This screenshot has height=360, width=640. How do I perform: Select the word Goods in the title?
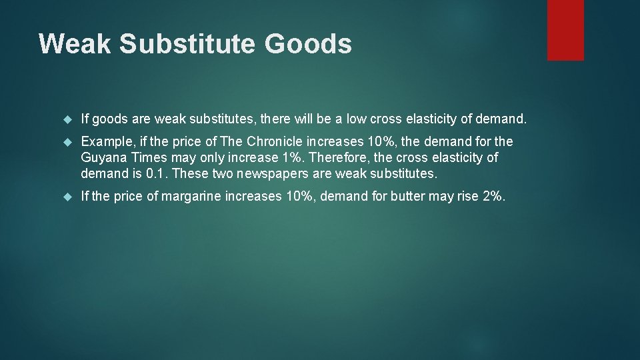(308, 44)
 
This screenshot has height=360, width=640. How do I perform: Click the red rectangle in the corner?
(565, 30)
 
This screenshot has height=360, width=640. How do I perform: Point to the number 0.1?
(155, 174)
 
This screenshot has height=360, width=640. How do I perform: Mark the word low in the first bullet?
(356, 119)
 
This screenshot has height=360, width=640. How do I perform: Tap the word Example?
(107, 141)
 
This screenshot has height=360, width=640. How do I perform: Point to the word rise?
(462, 197)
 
